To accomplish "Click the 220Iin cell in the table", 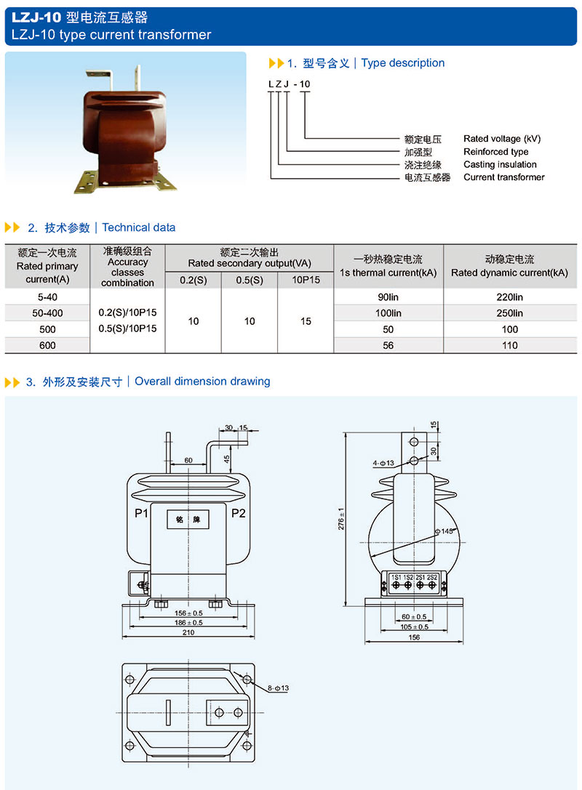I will coord(509,297).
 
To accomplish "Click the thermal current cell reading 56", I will coord(388,345).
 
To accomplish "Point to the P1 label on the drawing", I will coord(141,514).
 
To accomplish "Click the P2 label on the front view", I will coord(238,514).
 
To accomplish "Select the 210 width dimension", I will coord(188,633).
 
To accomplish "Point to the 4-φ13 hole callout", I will coord(383,463).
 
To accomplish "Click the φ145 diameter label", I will coord(444,532).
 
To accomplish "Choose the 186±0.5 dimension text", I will coord(188,622).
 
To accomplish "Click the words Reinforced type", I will coord(495,152).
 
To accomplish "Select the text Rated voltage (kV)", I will coord(502,139).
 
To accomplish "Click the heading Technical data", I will coord(139,227).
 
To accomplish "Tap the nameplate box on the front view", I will coord(188,520).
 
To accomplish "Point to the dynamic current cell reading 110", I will coord(509,345).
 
